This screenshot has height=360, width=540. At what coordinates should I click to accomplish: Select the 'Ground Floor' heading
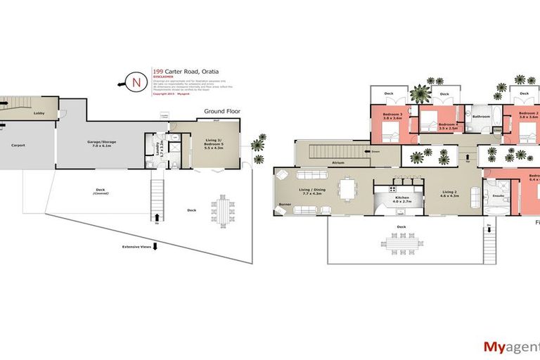point(221,111)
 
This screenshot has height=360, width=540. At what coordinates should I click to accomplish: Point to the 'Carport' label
point(18,145)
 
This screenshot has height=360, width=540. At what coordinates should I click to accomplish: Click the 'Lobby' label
point(40,112)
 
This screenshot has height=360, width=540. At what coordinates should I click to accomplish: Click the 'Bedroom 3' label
point(392,116)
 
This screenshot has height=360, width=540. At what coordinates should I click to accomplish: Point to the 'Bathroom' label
point(481,117)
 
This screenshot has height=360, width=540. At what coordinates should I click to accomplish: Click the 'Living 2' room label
point(450,193)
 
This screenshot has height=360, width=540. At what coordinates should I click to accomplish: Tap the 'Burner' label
point(285,205)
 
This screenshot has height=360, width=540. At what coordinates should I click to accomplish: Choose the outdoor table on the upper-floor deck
point(403,244)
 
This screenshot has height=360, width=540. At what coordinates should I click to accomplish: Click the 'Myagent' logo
point(510,346)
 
